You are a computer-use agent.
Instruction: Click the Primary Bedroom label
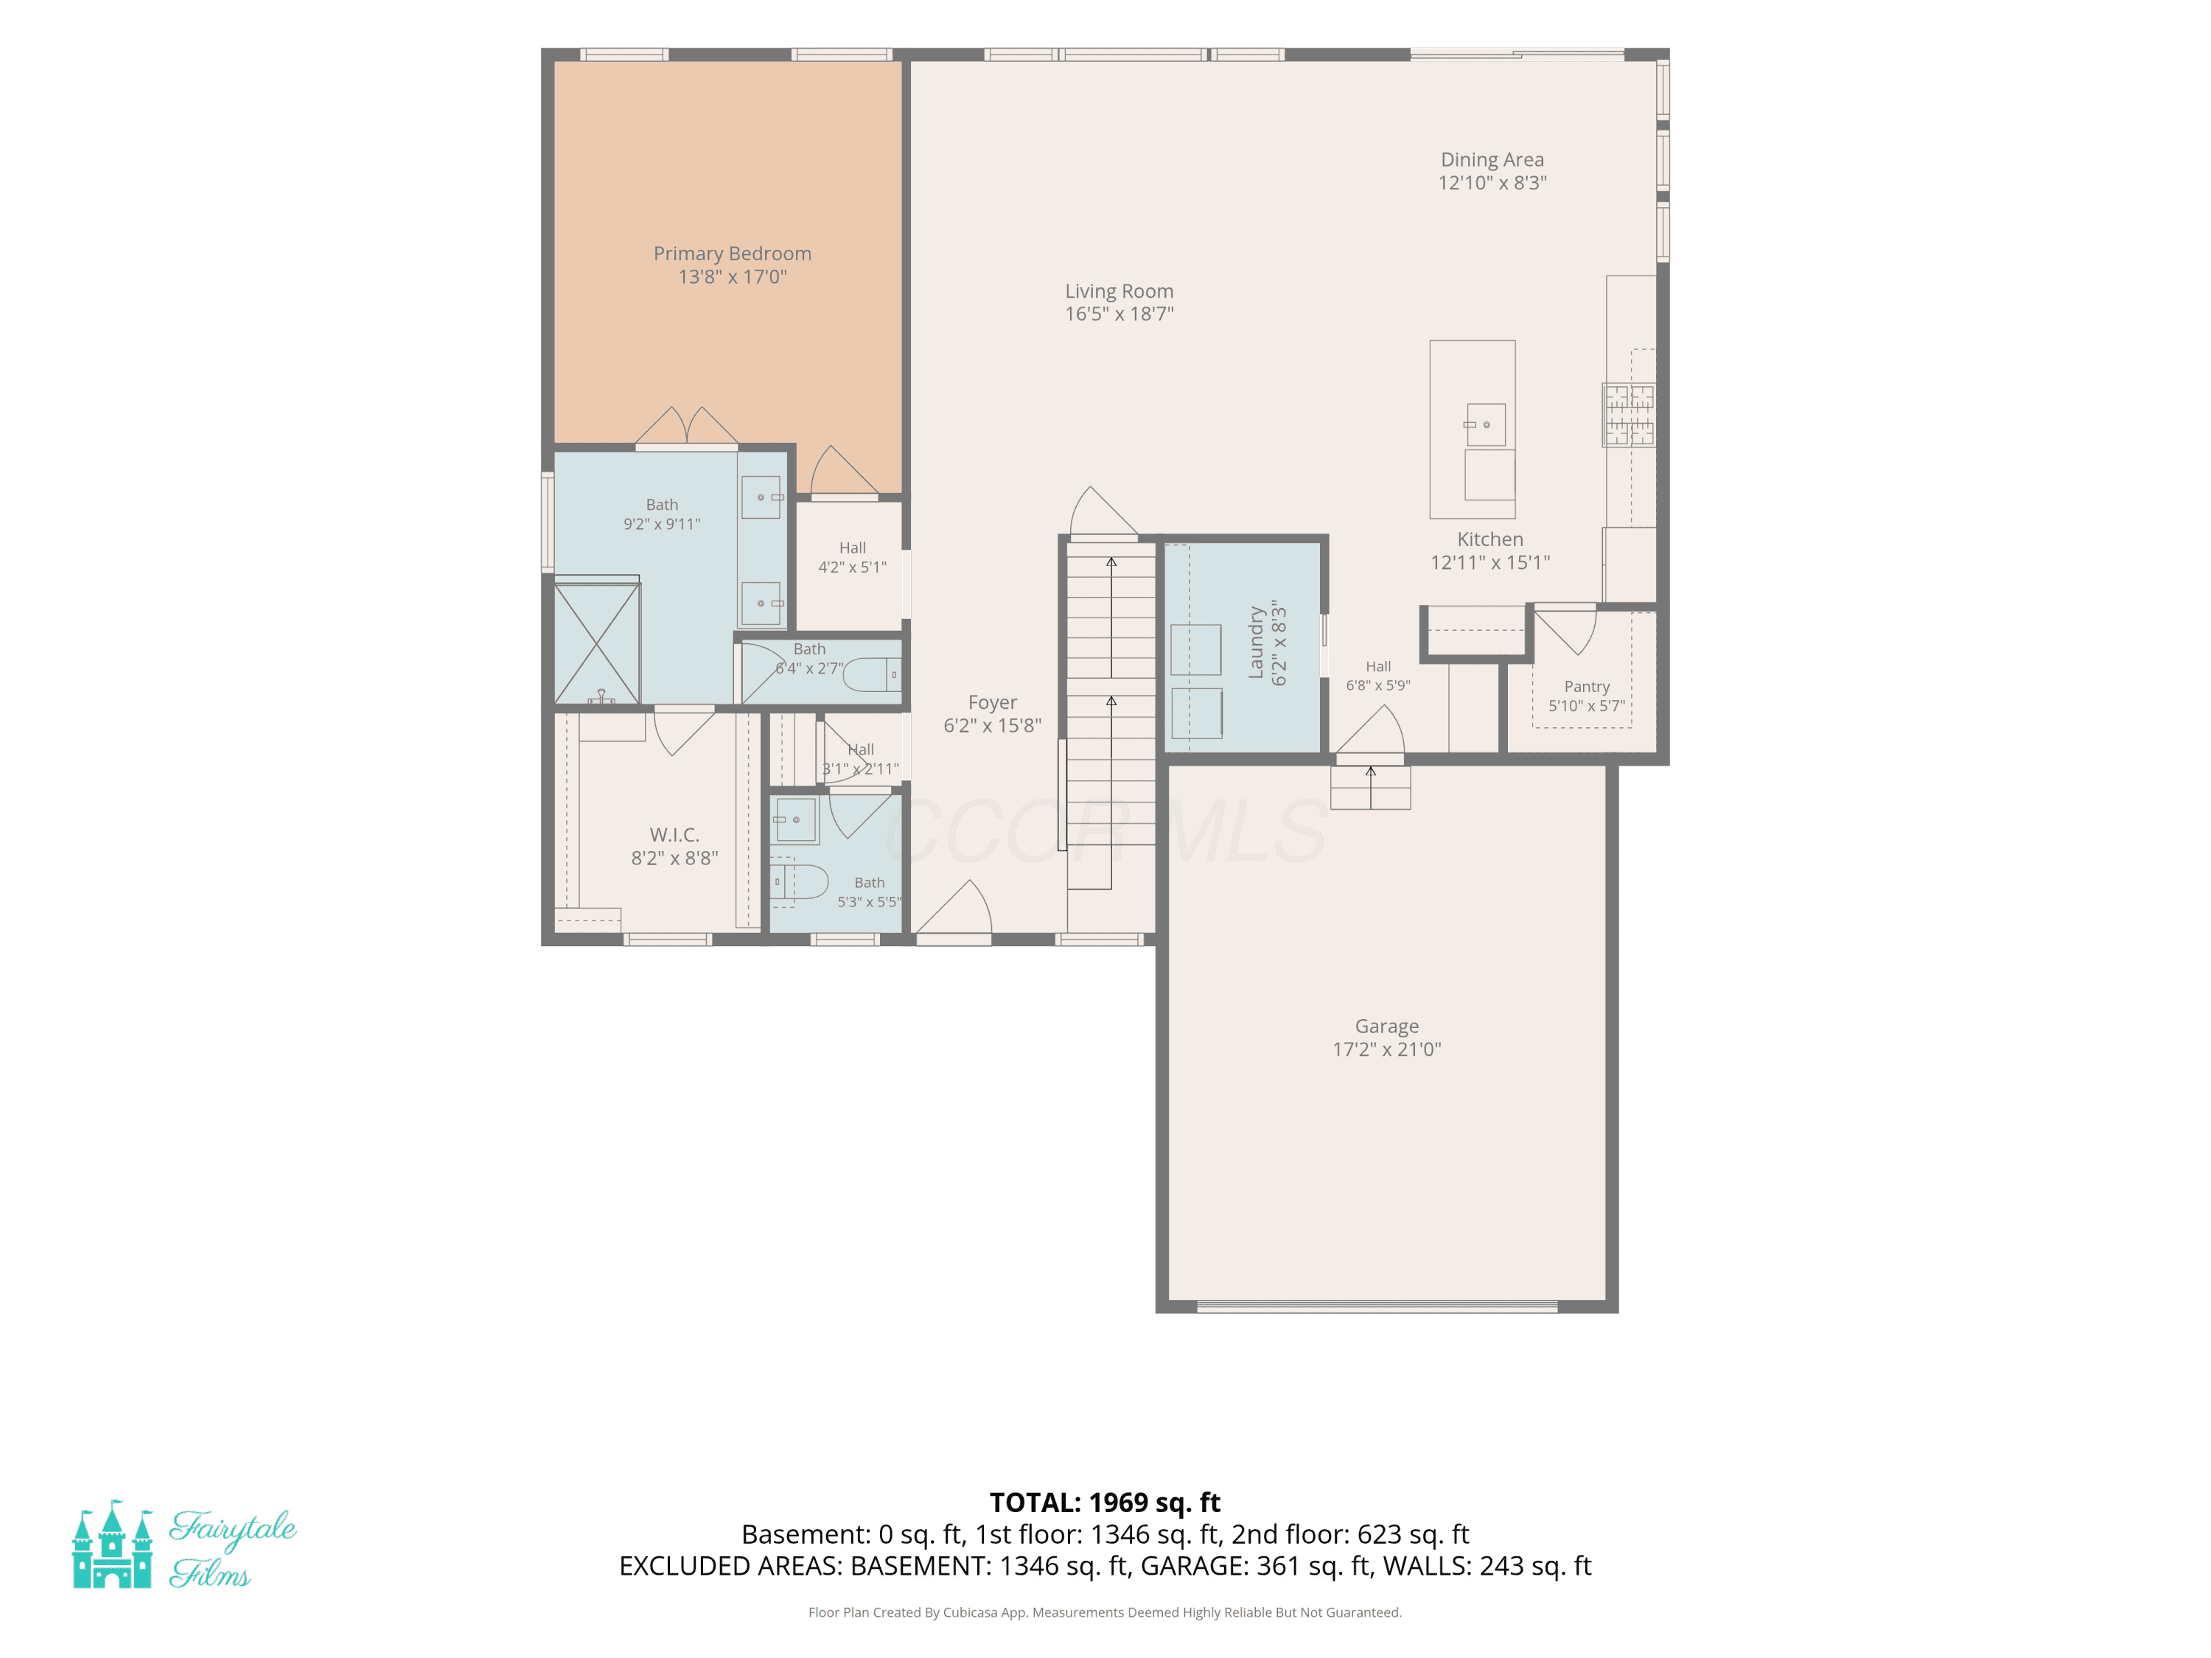click(x=732, y=253)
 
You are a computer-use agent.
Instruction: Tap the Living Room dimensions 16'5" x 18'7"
click(x=1120, y=314)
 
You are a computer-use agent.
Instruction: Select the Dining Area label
click(x=1492, y=160)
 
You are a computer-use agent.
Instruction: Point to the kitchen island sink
click(x=1485, y=424)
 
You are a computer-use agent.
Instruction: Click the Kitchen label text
click(x=1490, y=539)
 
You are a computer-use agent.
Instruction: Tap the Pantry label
click(x=1587, y=687)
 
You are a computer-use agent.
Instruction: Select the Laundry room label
click(x=1257, y=643)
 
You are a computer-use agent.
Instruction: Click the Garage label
click(x=1386, y=1026)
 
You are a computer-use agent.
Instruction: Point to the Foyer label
click(x=993, y=702)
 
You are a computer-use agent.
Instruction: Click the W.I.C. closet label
click(x=674, y=834)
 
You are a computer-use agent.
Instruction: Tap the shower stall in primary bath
click(x=597, y=643)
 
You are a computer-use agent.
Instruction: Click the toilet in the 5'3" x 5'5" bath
click(x=800, y=883)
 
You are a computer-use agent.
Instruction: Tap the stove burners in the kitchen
click(x=1630, y=415)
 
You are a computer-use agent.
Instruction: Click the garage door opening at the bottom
click(x=1377, y=1307)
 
